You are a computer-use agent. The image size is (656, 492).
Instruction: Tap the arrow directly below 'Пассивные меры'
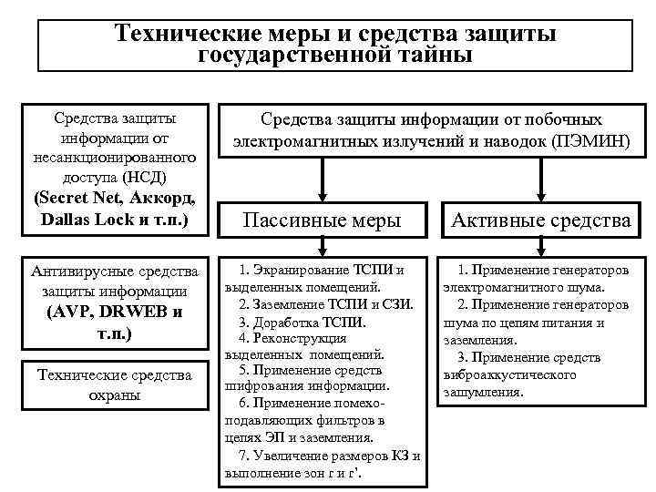coord(321,247)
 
